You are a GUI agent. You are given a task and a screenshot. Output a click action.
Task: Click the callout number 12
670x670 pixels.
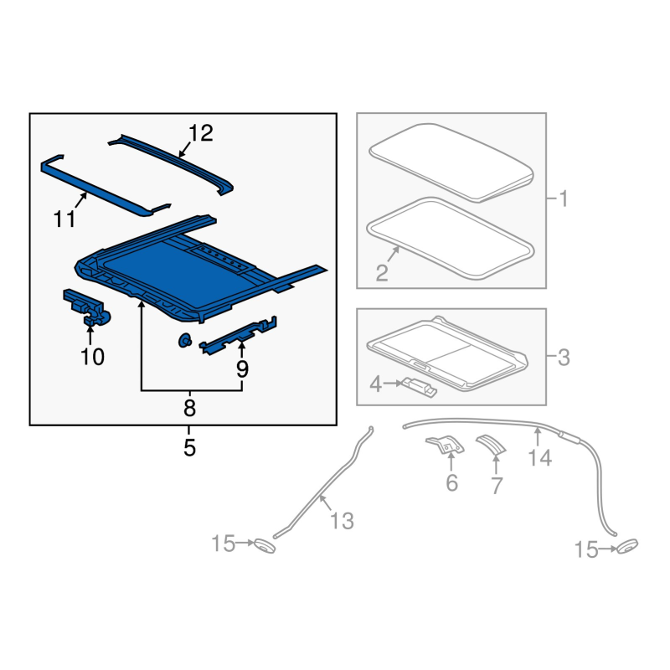200,133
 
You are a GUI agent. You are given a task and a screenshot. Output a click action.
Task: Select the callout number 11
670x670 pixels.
64,219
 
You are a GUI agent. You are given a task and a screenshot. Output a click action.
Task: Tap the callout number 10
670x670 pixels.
92,357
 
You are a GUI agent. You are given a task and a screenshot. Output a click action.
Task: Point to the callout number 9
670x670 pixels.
242,368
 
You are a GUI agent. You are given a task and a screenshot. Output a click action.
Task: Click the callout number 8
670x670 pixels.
189,408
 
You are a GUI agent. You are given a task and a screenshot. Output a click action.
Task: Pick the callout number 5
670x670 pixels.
189,447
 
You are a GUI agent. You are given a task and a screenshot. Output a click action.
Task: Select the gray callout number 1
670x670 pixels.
564,199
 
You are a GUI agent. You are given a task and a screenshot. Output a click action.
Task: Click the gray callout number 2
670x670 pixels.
382,273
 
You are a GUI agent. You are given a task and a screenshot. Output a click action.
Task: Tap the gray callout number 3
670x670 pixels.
564,358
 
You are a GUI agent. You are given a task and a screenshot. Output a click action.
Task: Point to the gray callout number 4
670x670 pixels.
375,384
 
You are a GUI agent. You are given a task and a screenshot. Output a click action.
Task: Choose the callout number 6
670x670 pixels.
451,483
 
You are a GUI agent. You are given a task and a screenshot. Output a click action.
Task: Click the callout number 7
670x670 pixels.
496,486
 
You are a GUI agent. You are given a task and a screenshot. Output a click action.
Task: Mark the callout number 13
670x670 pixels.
342,521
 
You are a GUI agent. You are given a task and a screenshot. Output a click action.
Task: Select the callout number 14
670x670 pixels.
540,458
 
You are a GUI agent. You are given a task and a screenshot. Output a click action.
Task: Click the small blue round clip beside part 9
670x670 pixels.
184,341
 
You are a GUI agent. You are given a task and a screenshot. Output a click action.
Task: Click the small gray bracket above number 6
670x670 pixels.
446,445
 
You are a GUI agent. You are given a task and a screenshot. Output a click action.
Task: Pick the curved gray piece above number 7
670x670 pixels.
492,445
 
